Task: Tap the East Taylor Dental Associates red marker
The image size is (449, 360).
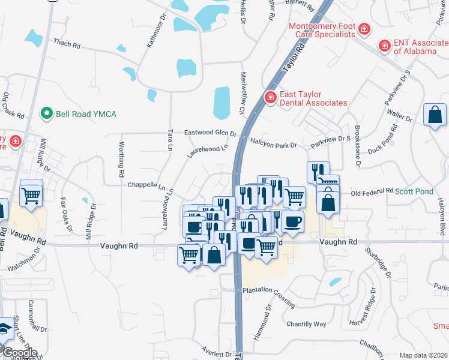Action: click(x=271, y=97)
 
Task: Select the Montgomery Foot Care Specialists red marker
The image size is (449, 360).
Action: click(x=364, y=29)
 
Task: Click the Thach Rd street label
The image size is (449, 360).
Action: click(x=67, y=44)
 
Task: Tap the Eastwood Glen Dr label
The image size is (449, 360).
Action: click(x=210, y=133)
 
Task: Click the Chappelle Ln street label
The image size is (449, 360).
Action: click(x=146, y=185)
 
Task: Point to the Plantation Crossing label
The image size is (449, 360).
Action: click(x=268, y=290)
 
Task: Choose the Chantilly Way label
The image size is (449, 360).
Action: click(x=306, y=324)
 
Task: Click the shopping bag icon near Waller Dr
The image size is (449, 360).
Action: click(x=435, y=115)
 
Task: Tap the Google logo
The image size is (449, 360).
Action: click(x=19, y=353)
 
